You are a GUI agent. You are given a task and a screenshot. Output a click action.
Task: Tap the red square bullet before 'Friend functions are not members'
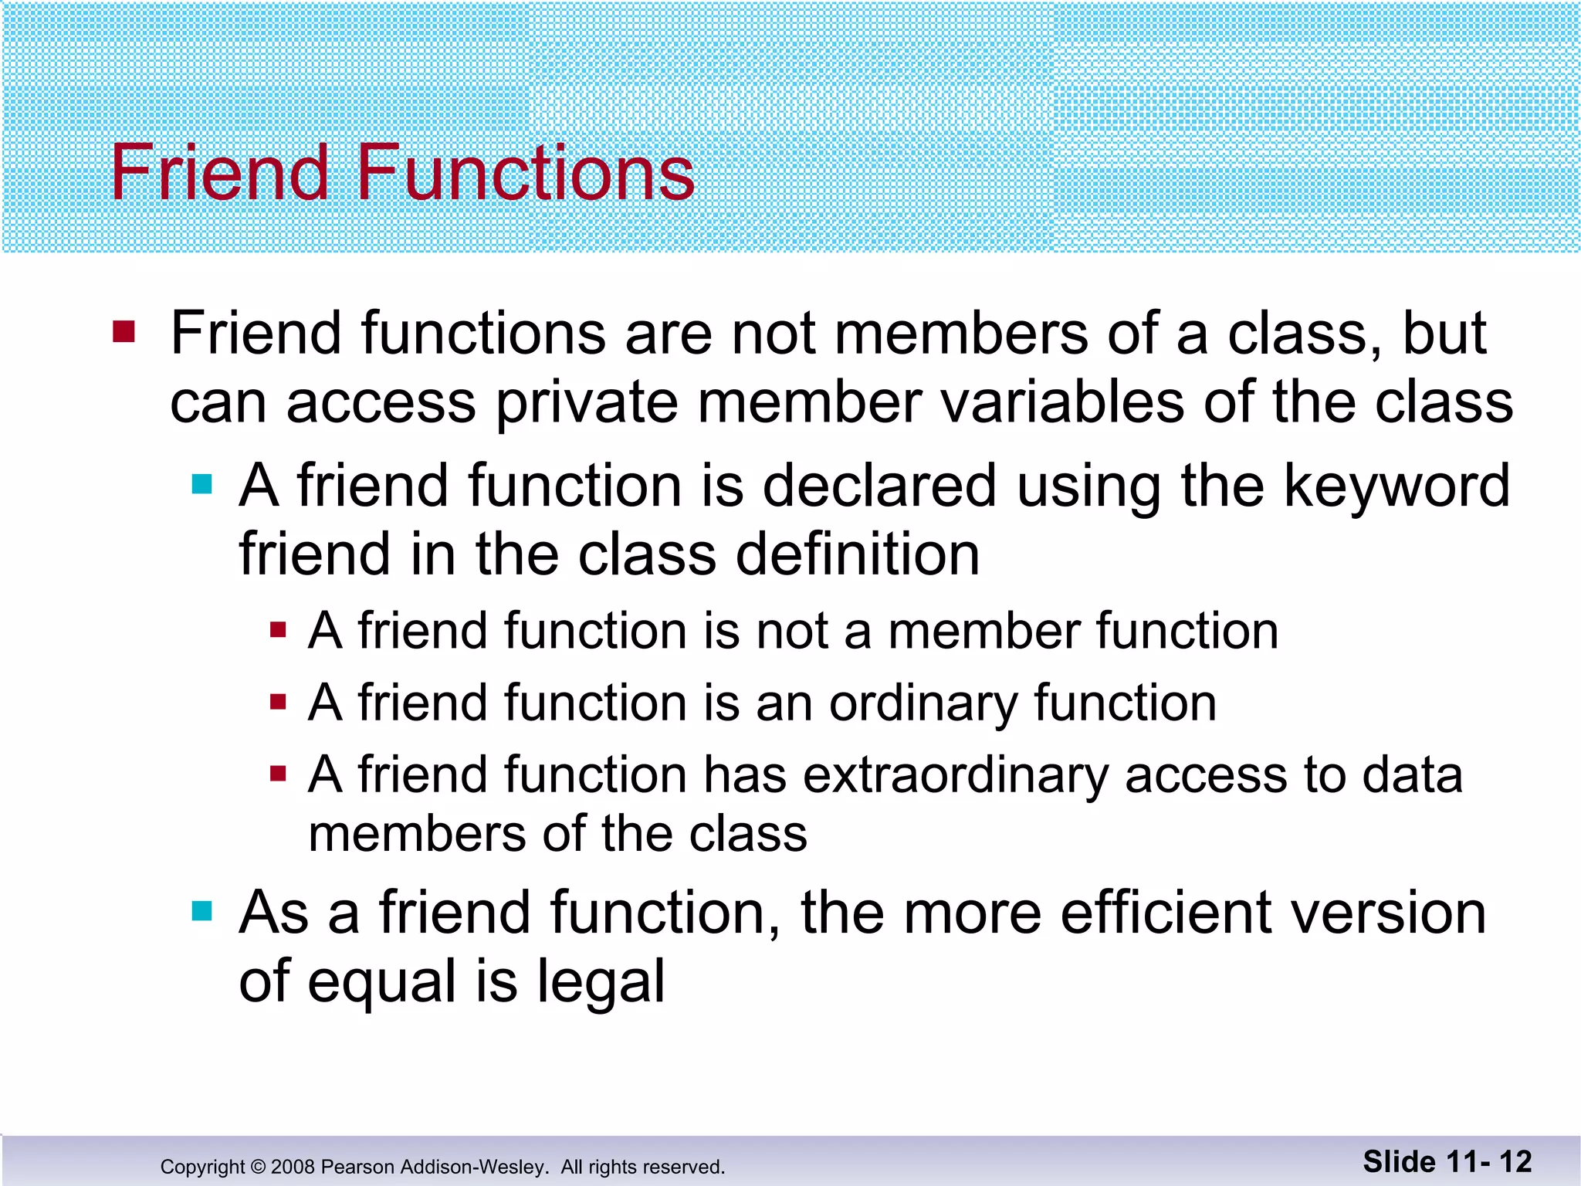124,332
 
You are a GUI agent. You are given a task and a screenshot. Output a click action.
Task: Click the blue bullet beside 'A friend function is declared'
201,484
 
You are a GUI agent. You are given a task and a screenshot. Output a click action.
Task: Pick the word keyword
1397,486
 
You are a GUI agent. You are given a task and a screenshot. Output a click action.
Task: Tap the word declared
880,486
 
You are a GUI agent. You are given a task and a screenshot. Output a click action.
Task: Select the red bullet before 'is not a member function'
279,630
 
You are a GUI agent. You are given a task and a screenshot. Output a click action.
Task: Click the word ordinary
923,704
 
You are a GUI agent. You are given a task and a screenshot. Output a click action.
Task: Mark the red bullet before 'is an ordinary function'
279,702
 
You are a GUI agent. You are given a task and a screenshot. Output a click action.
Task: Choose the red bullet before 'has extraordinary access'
279,773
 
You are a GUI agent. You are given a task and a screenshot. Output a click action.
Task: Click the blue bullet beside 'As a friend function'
201,911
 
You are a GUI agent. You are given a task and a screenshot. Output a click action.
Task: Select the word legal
601,982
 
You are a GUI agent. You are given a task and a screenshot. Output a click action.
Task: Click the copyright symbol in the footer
258,1167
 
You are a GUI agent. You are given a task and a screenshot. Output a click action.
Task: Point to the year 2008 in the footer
293,1167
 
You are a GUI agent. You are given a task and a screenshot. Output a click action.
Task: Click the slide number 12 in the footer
1515,1162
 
